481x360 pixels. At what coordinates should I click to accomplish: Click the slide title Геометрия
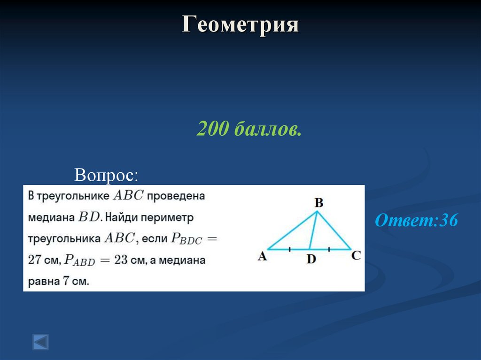tap(240, 24)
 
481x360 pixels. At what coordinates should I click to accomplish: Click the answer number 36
tap(449, 221)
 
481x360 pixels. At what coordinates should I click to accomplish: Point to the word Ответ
tap(405, 221)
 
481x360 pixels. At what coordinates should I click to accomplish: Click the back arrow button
tap(40, 341)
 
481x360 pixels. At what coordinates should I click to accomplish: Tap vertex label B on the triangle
tap(318, 203)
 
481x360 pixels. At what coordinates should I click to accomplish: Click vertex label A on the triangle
tap(262, 256)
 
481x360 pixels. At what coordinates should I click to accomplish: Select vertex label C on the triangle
tap(356, 255)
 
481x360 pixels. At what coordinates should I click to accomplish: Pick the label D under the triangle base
tap(311, 259)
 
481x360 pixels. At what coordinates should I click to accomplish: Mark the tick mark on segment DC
tap(329, 249)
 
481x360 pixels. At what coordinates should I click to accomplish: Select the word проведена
tap(176, 196)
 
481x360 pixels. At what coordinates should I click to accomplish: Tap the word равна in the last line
tap(43, 282)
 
